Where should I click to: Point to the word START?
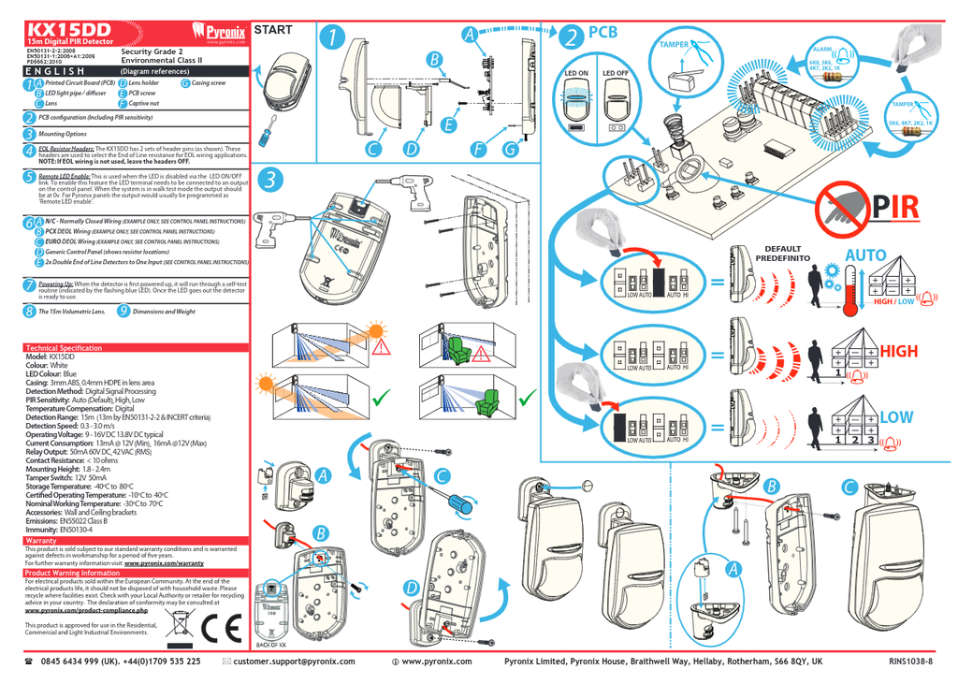click(x=273, y=30)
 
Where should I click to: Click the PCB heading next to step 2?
click(x=603, y=33)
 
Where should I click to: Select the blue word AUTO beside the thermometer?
click(x=864, y=255)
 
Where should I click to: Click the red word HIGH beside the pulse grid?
click(x=898, y=351)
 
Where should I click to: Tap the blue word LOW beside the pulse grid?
click(x=895, y=416)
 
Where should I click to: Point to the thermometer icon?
click(x=849, y=284)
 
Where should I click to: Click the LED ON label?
click(x=576, y=73)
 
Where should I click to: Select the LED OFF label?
click(x=615, y=73)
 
